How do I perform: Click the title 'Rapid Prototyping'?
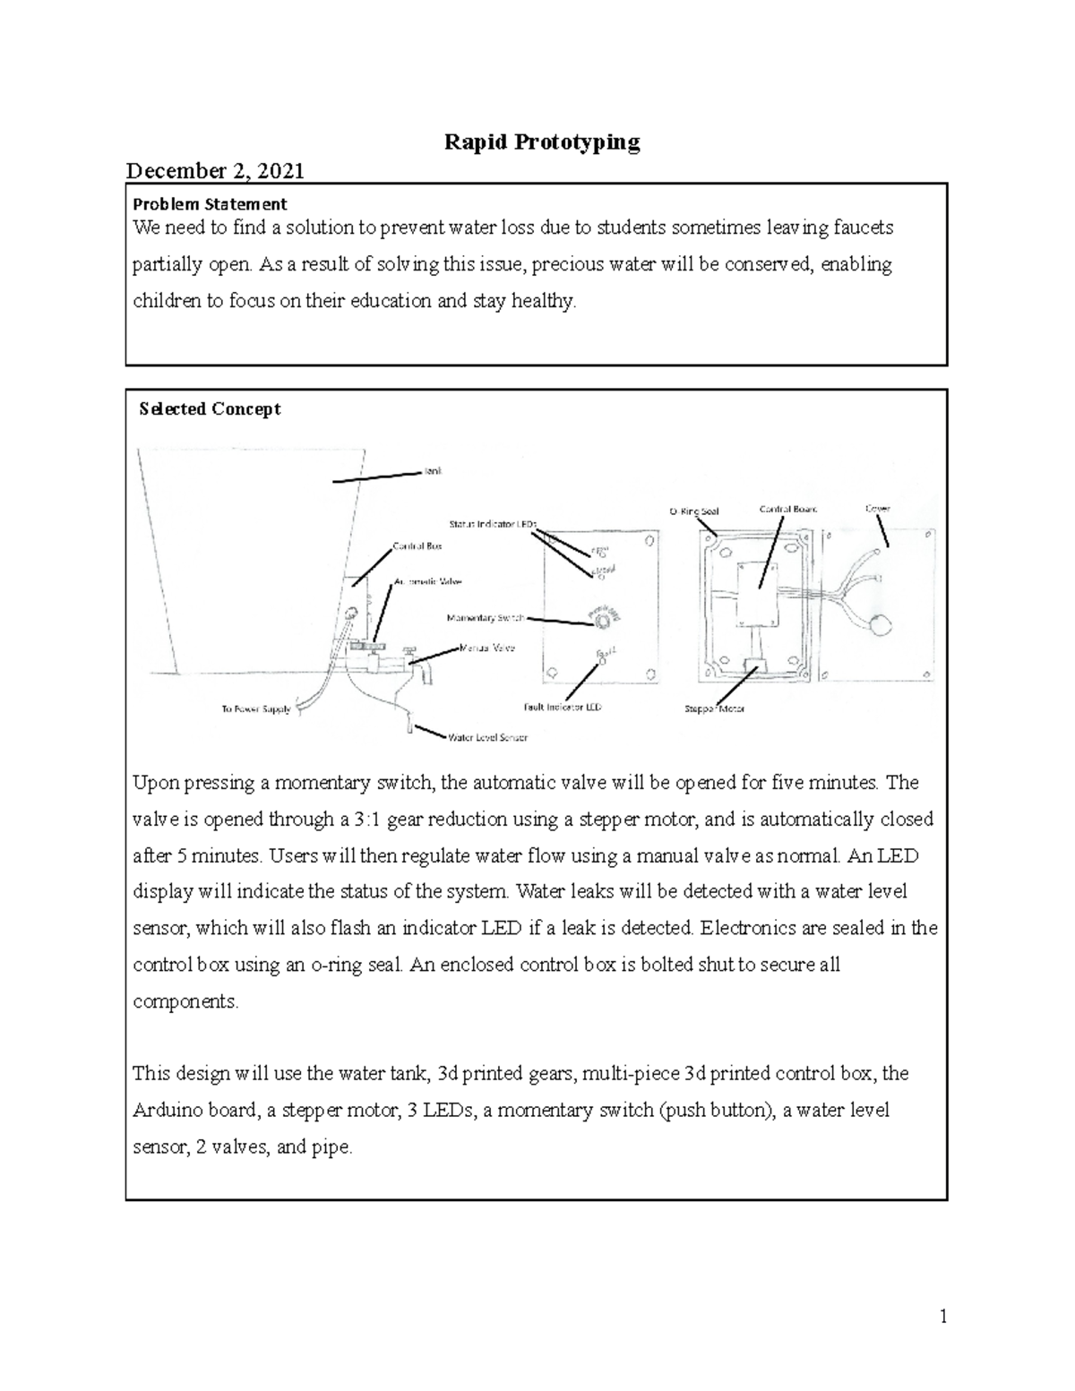coord(542,142)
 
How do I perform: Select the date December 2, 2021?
coord(215,170)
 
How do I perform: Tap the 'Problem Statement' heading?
coord(210,203)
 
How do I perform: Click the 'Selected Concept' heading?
coord(211,409)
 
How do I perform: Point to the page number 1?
coord(942,1317)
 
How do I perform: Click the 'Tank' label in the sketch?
coord(433,470)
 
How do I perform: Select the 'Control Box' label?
coord(417,545)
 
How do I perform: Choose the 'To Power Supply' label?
coord(255,709)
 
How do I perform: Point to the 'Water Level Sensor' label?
coord(486,738)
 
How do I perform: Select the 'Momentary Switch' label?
coord(485,618)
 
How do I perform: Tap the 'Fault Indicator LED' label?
coord(562,707)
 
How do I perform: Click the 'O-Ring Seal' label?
coord(693,511)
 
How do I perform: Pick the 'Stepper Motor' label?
coord(714,708)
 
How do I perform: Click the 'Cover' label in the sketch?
coord(877,509)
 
